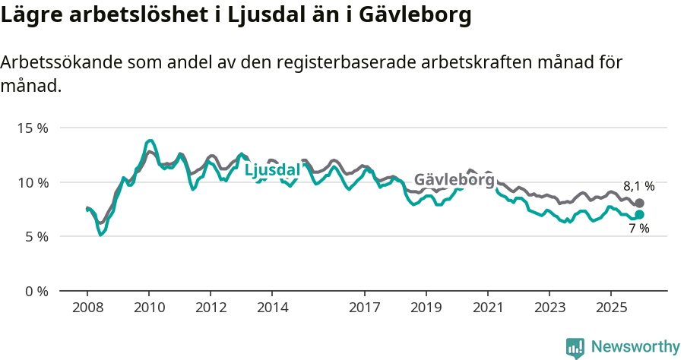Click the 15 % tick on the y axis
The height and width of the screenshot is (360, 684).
[x=32, y=128]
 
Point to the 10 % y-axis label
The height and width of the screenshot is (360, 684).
[x=32, y=182]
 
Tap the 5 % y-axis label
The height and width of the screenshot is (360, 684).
[x=36, y=237]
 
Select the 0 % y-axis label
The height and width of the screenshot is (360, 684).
[x=36, y=292]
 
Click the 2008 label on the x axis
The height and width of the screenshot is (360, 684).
[x=87, y=308]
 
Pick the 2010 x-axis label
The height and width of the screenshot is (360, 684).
[x=149, y=308]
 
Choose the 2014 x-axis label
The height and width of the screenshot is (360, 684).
[x=272, y=308]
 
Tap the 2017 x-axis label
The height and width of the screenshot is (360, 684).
[x=364, y=308]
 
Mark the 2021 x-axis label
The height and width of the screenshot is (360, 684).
[x=487, y=308]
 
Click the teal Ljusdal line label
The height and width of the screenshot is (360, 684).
[x=272, y=171]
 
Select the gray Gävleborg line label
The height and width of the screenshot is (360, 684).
[x=454, y=180]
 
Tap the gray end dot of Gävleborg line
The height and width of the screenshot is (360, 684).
[x=639, y=204]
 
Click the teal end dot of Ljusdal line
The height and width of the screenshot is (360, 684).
[x=639, y=215]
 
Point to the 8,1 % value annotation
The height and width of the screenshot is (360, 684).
[x=638, y=186]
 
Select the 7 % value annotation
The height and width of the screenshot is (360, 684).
[x=638, y=229]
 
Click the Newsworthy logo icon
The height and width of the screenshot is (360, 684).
[x=575, y=348]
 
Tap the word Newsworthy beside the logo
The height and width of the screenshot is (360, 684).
[x=635, y=347]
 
